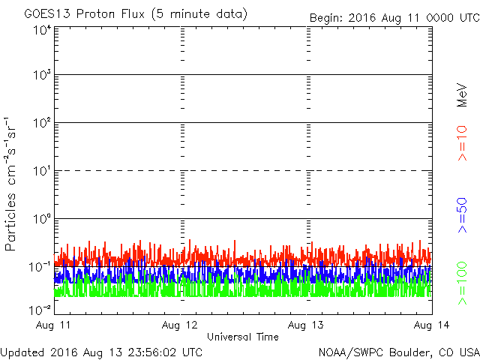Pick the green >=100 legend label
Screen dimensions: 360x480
[462, 283]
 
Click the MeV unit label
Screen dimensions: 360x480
[462, 94]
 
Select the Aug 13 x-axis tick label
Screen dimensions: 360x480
[307, 325]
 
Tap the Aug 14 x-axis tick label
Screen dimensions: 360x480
[432, 325]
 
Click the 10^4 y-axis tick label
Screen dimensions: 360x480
[42, 30]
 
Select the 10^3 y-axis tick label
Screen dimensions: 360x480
[42, 76]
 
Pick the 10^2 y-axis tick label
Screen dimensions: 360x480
[42, 124]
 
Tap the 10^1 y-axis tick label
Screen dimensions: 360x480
[42, 172]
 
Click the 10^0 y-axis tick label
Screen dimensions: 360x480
[42, 220]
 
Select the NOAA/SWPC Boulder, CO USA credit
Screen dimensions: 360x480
[398, 352]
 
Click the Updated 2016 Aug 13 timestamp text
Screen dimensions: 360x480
[101, 352]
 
